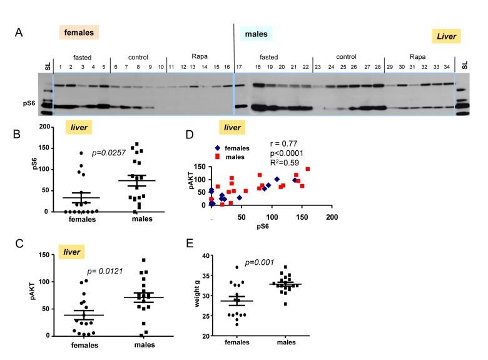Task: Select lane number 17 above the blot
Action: point(239,67)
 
